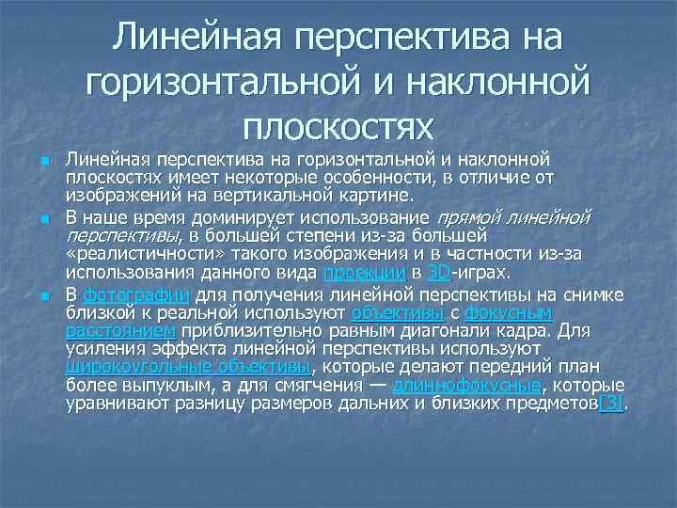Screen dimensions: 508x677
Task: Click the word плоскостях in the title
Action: pos(338,125)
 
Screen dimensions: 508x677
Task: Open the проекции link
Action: pos(364,274)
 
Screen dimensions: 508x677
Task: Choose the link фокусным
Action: pos(509,311)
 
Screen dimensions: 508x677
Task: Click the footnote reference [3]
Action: pos(611,405)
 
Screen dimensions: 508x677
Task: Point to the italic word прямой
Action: pos(471,217)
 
